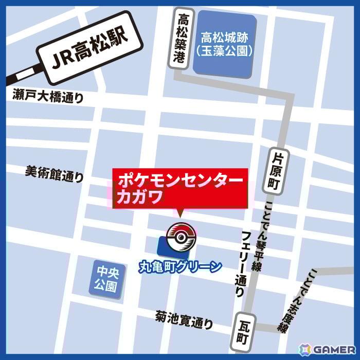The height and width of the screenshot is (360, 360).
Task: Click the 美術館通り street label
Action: [54, 174]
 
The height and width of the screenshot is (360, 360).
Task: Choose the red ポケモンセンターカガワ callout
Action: [180, 188]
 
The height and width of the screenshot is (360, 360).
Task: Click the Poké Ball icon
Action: [182, 238]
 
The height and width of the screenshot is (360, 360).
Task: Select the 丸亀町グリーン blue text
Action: [181, 267]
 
